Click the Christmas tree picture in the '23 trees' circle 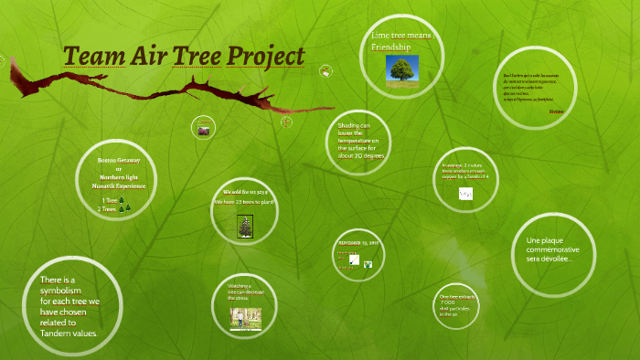coord(244,226)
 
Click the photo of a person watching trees coord(244,316)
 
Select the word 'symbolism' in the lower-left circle coord(61,291)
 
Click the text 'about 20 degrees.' coord(362,155)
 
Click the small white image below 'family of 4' coord(465,193)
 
